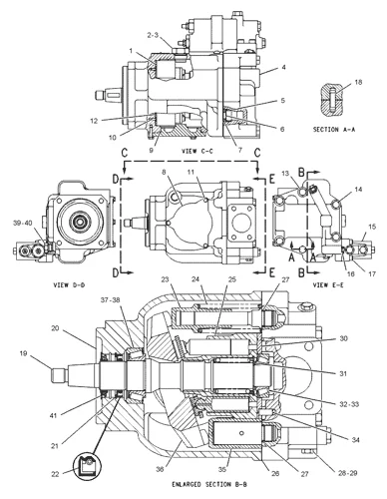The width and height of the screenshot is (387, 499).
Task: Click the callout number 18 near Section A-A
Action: pos(358,82)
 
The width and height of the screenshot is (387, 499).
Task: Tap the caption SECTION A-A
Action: pos(334,130)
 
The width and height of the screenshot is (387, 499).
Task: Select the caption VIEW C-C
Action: pos(197,151)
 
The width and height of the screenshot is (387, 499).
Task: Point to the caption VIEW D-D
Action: pos(69,285)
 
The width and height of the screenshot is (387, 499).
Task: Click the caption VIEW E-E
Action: pos(328,285)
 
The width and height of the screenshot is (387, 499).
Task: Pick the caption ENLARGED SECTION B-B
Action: pos(209,484)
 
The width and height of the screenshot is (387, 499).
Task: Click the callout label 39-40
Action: pos(23,223)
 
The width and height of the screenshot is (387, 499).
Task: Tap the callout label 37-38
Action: pos(111,300)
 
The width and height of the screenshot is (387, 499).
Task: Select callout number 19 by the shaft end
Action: pos(23,353)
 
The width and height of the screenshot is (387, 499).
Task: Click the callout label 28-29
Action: pos(348,472)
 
